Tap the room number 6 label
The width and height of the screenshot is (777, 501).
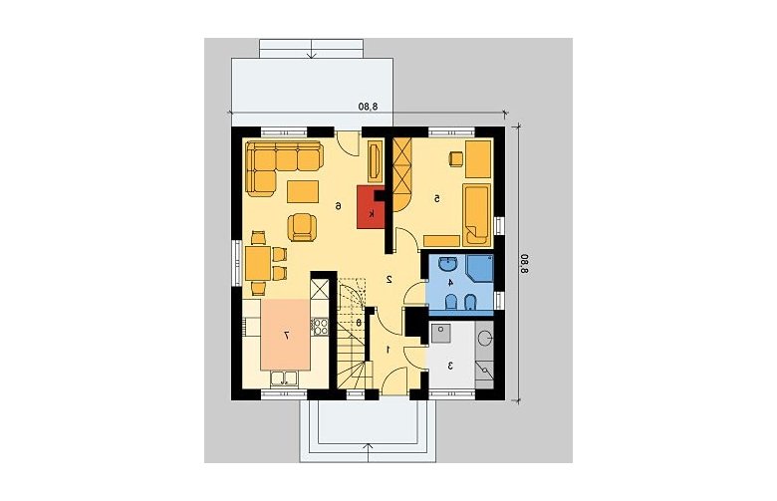point(338,205)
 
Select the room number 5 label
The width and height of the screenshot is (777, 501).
point(437,199)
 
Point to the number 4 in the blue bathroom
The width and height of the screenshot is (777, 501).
point(450,283)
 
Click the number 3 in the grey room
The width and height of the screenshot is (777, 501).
point(450,367)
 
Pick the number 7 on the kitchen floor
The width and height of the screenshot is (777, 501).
point(286,336)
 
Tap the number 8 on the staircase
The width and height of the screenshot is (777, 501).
point(359,322)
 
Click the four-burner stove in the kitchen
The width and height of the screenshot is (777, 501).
point(320,327)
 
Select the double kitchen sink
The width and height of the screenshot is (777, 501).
point(284,379)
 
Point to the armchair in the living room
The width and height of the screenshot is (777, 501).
point(302,227)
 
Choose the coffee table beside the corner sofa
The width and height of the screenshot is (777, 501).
point(303,192)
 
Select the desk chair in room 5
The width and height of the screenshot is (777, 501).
point(455,157)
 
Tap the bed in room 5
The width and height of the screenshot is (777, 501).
point(477,214)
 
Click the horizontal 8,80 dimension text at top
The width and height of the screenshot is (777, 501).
point(369,106)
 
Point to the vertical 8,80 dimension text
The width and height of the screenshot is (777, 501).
point(524,263)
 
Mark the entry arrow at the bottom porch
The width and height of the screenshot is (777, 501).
point(369,452)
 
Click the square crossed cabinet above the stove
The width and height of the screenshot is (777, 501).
point(320,289)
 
